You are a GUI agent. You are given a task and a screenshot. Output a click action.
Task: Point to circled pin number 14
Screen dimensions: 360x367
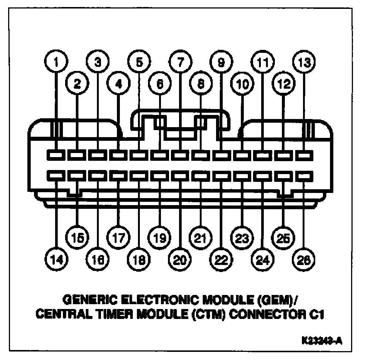point(56,259)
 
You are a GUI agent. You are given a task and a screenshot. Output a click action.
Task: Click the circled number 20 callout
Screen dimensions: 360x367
point(180,259)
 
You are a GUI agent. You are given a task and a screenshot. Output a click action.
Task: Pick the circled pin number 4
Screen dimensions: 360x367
point(118,84)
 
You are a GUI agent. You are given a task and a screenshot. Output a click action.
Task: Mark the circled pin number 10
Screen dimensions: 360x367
point(242,84)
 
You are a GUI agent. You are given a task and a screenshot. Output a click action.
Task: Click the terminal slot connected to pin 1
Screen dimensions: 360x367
point(56,155)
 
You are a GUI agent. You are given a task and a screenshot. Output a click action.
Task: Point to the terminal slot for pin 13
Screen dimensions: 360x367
point(304,155)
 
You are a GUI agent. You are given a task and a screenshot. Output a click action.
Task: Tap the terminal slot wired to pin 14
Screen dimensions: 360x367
point(56,175)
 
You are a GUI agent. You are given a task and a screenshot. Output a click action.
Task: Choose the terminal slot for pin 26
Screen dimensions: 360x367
point(304,175)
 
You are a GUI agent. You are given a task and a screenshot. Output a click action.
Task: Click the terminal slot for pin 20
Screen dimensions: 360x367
point(180,175)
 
